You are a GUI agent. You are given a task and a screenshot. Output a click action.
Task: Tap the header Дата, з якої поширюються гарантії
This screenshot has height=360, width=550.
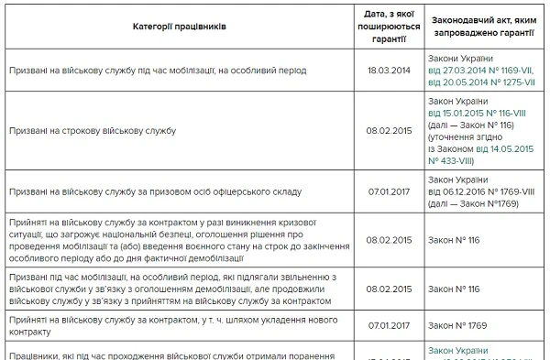385,27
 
